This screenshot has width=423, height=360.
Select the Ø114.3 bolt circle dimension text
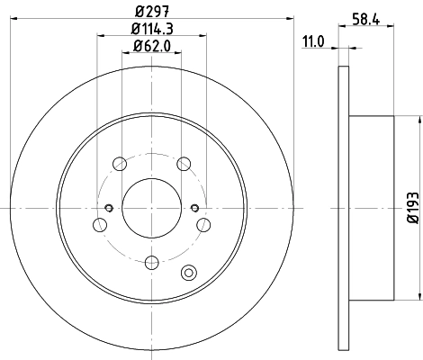coord(151,29)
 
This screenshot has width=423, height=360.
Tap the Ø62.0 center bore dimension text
coord(151,46)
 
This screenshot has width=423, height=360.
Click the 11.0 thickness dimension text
coord(312,40)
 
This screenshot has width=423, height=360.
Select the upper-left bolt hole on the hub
coord(119,164)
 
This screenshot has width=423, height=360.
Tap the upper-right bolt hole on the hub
coord(184,164)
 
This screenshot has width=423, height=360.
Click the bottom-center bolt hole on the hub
coord(151,262)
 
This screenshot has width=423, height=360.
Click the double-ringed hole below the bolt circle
coord(188,274)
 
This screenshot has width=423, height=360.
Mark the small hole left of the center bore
coord(109,209)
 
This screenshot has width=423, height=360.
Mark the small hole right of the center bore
coord(194,209)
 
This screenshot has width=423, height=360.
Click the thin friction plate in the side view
coord(342,208)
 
